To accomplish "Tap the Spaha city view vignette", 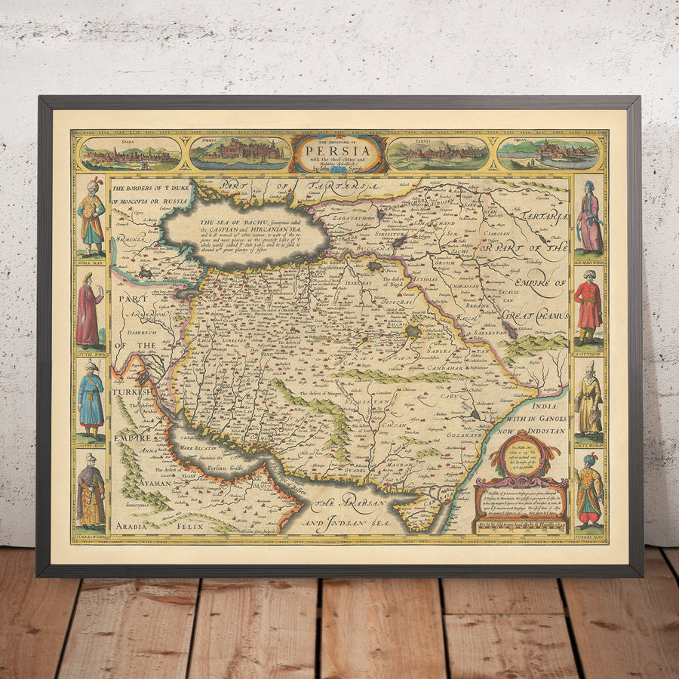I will pos(131,154).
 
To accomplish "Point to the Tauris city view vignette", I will pos(438,154).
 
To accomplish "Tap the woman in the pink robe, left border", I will pos(89,310).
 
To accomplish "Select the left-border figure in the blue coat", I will pos(91,400).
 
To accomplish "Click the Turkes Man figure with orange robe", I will pos(588,490).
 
